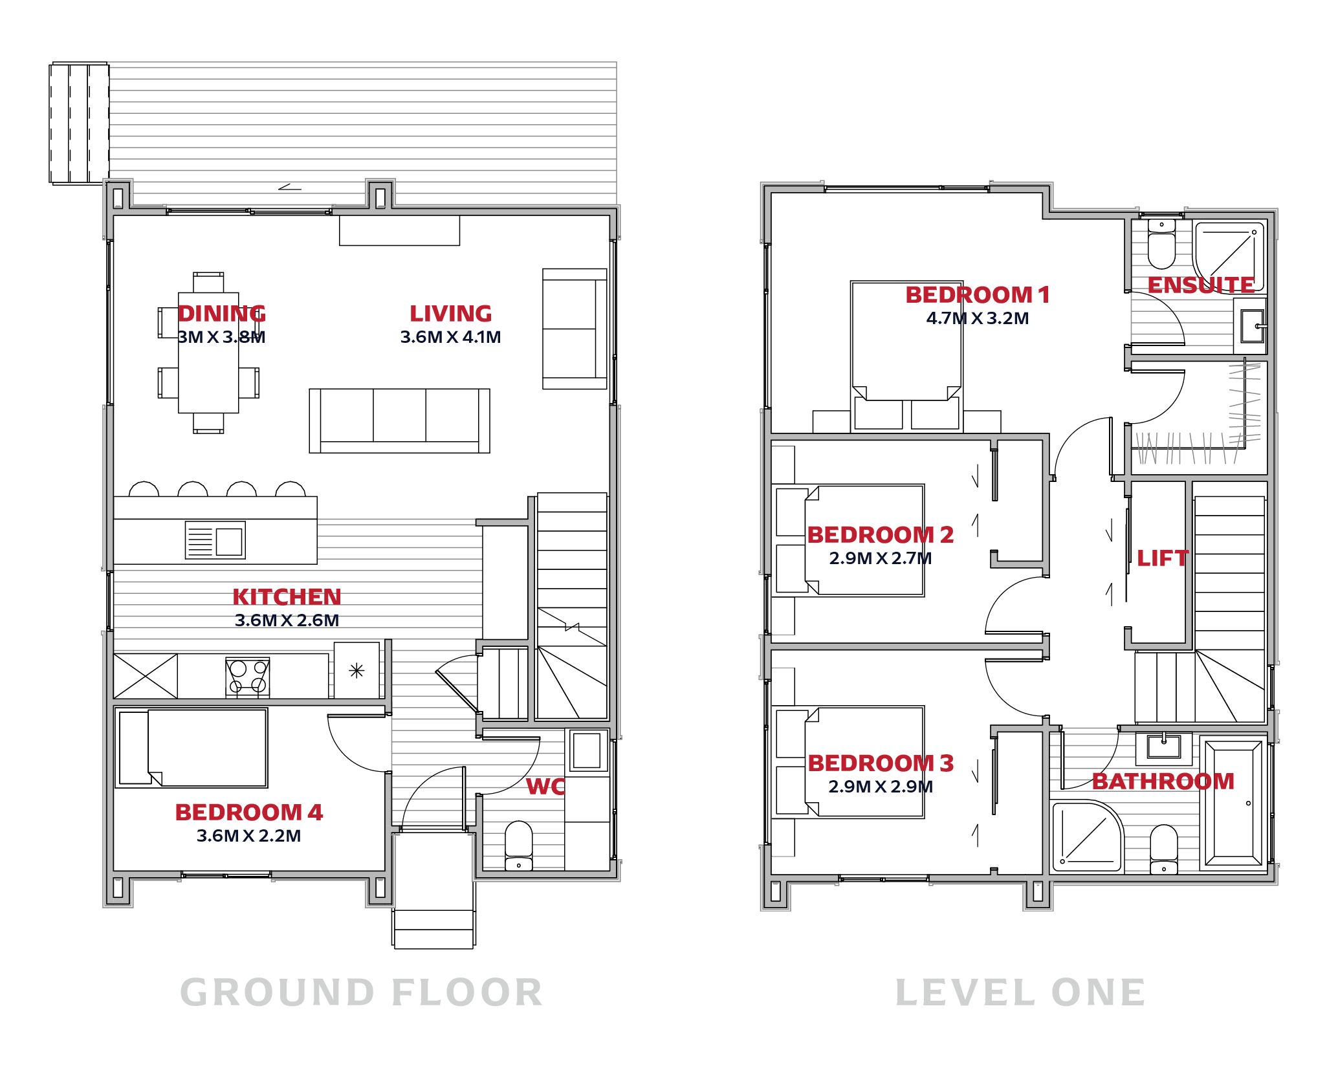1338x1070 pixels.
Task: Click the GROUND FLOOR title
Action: [361, 992]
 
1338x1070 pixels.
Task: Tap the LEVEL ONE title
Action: [1020, 992]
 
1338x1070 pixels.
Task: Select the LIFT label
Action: [1163, 558]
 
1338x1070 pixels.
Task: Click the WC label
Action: [545, 787]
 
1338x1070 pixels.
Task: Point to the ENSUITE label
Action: [1201, 285]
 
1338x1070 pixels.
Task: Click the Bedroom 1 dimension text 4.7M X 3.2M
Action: [977, 318]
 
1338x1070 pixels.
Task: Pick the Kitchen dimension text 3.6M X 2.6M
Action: [287, 620]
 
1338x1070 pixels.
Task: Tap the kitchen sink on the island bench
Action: [215, 540]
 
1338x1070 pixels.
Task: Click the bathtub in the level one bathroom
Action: [1234, 804]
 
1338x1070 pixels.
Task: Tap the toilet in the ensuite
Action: [1161, 244]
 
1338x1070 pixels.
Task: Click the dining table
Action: [208, 353]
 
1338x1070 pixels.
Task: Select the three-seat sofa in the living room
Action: [399, 420]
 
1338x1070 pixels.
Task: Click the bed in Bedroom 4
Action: [192, 748]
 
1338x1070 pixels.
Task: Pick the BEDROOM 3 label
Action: [881, 763]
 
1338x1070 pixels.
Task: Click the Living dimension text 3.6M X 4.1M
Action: [450, 337]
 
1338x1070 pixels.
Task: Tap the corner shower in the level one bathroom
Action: [1087, 836]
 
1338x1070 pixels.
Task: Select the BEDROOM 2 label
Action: [881, 535]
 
